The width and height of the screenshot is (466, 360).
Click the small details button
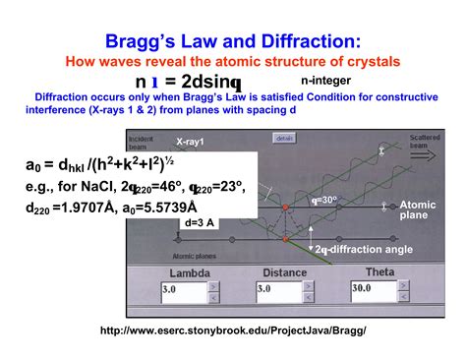point(284,139)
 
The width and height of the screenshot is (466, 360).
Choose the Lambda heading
point(190,272)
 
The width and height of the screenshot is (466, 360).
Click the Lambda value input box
point(182,291)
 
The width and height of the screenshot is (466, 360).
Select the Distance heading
point(285,272)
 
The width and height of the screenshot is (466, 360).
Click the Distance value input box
point(276,291)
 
